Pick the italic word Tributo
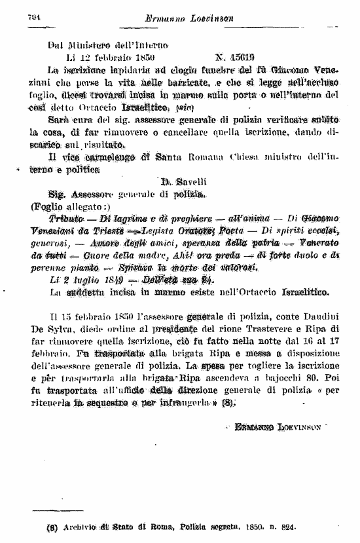click(x=67, y=218)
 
